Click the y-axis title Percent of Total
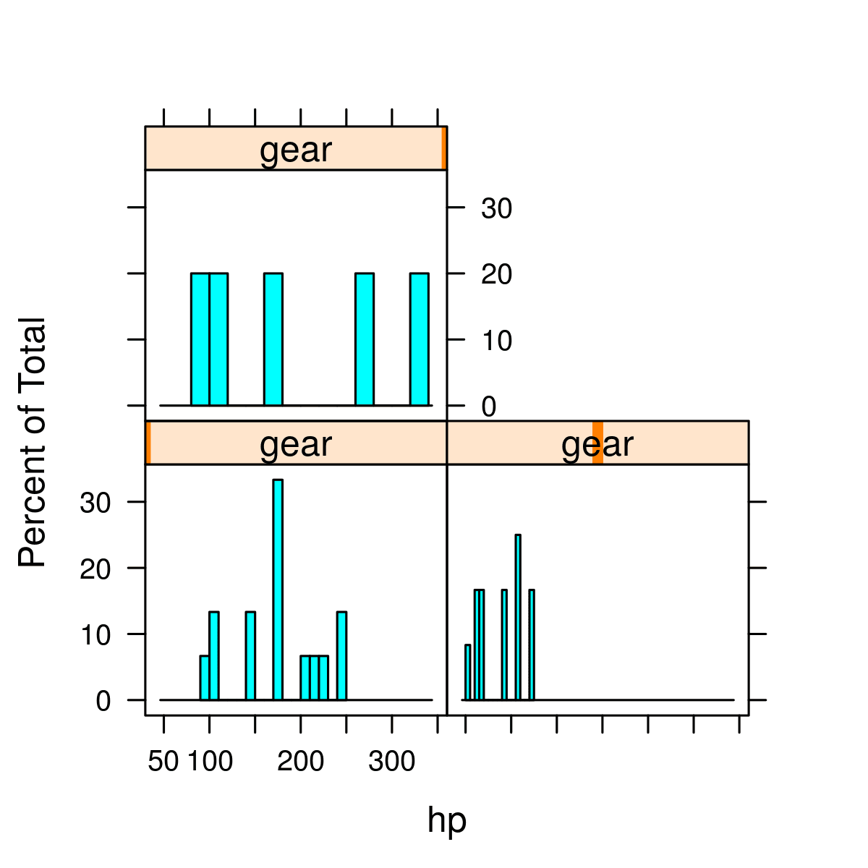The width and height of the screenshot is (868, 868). tap(33, 442)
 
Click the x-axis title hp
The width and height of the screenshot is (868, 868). tap(446, 820)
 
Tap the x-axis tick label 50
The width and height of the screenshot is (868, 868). tap(163, 761)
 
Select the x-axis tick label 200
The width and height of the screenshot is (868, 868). tap(300, 761)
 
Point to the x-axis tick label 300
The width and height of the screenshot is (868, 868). tap(391, 761)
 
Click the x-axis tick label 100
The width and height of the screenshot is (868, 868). tap(210, 761)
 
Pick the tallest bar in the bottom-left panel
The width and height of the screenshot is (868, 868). tap(278, 590)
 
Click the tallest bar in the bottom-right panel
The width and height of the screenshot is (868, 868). tap(518, 617)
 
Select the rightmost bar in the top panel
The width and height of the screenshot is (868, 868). tap(420, 339)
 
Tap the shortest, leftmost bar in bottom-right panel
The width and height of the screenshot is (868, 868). tap(467, 672)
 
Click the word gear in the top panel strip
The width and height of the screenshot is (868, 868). tap(295, 150)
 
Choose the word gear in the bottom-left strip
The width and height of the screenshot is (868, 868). tap(295, 444)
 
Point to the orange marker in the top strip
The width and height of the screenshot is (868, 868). tap(444, 148)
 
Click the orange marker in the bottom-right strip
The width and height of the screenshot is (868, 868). tap(597, 443)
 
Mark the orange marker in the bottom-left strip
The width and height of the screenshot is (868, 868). tap(148, 443)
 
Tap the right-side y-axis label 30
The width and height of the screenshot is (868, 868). tap(496, 208)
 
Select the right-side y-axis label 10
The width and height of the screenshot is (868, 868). tap(496, 341)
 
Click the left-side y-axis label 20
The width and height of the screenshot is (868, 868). tap(95, 569)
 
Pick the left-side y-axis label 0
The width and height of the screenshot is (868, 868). tap(103, 701)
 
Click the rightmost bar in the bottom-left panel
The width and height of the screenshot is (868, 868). tap(341, 656)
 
